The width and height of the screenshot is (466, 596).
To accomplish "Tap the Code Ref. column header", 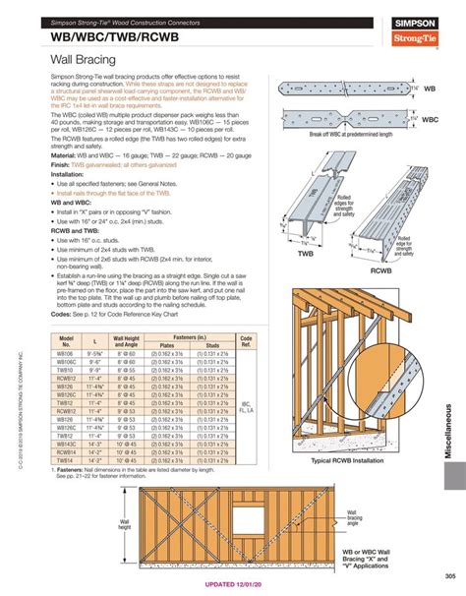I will click(x=246, y=340).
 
